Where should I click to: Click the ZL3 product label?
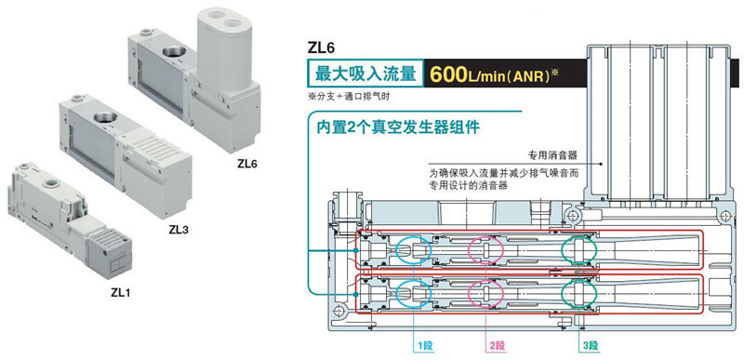click(178, 228)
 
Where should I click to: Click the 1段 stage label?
click(426, 345)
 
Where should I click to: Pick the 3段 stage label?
click(590, 345)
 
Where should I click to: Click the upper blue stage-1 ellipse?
click(414, 249)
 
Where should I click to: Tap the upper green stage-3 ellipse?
click(579, 249)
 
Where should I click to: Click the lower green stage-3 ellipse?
click(579, 293)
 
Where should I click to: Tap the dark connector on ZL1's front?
click(112, 252)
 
